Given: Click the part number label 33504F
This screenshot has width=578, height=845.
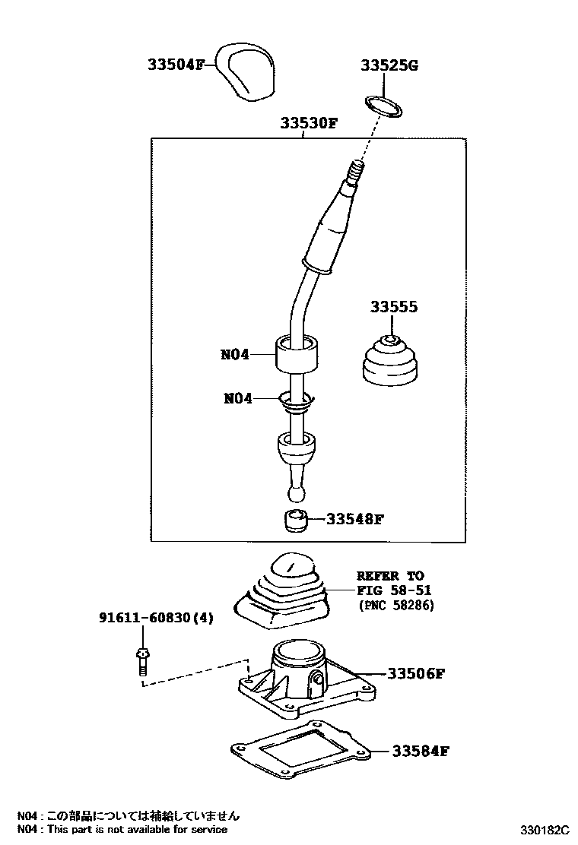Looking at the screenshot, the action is (176, 65).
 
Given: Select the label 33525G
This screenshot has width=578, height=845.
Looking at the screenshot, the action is (389, 65).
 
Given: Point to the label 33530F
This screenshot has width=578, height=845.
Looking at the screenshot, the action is (307, 122).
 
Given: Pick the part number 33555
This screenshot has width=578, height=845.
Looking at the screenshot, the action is (394, 307).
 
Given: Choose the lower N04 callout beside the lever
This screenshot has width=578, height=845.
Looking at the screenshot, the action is (238, 397).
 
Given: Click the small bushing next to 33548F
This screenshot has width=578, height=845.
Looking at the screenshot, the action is (296, 521).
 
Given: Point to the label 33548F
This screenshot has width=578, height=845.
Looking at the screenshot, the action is (354, 520).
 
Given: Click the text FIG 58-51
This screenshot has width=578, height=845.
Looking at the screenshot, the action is (390, 590).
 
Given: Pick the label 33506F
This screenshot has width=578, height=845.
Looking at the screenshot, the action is (415, 673).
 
